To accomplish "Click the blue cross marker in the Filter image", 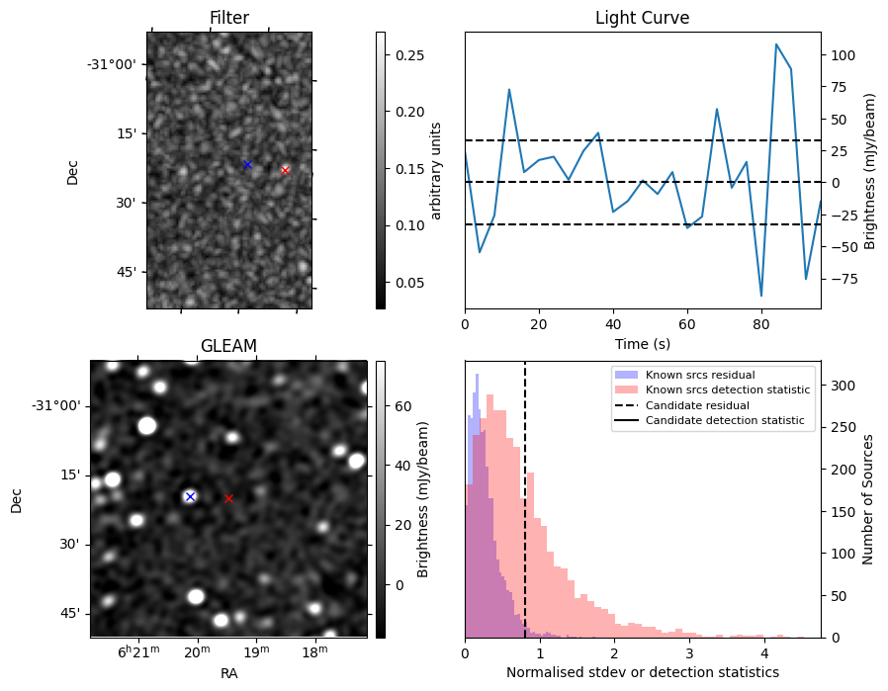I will tap(247, 164).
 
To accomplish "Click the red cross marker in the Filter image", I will tap(285, 170).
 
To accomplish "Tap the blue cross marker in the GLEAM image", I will tap(190, 496).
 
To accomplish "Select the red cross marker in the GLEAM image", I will tap(228, 498).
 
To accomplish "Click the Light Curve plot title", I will tap(642, 18).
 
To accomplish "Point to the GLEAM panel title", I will tap(228, 346).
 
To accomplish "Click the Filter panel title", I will tap(229, 18).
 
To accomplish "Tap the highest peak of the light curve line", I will tap(776, 44).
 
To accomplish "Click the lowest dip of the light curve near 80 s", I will tap(761, 296).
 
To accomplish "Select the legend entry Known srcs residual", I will tap(699, 376).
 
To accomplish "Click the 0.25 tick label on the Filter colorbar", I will tap(410, 55).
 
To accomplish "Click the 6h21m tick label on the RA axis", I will tap(138, 652).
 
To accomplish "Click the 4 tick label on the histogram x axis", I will tap(763, 652).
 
